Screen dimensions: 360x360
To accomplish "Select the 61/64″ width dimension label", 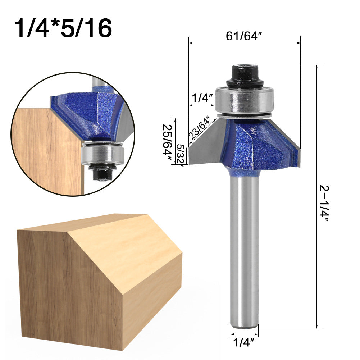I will pyautogui.click(x=243, y=36).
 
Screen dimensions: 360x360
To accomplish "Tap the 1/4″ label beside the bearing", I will pyautogui.click(x=202, y=97).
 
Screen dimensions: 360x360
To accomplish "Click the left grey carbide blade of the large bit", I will pyautogui.click(x=205, y=144).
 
